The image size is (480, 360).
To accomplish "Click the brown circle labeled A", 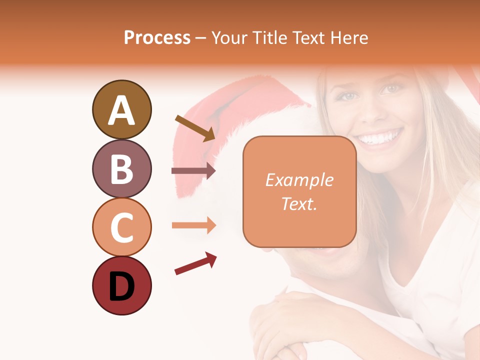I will [121, 109].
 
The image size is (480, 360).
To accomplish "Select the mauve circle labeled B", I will [121, 168].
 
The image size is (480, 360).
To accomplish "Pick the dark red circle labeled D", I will [121, 285].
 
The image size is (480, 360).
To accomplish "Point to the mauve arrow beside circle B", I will [193, 171].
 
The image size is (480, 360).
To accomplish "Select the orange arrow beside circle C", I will [193, 225].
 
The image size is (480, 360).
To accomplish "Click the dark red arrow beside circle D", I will [195, 263].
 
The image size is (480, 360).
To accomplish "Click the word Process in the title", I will [157, 37].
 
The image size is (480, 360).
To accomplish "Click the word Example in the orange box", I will [299, 180].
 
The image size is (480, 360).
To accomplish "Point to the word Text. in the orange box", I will [299, 203].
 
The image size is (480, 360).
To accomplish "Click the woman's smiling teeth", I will [380, 136].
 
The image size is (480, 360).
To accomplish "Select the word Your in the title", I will [228, 37].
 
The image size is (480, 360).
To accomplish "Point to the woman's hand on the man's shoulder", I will [280, 320].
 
